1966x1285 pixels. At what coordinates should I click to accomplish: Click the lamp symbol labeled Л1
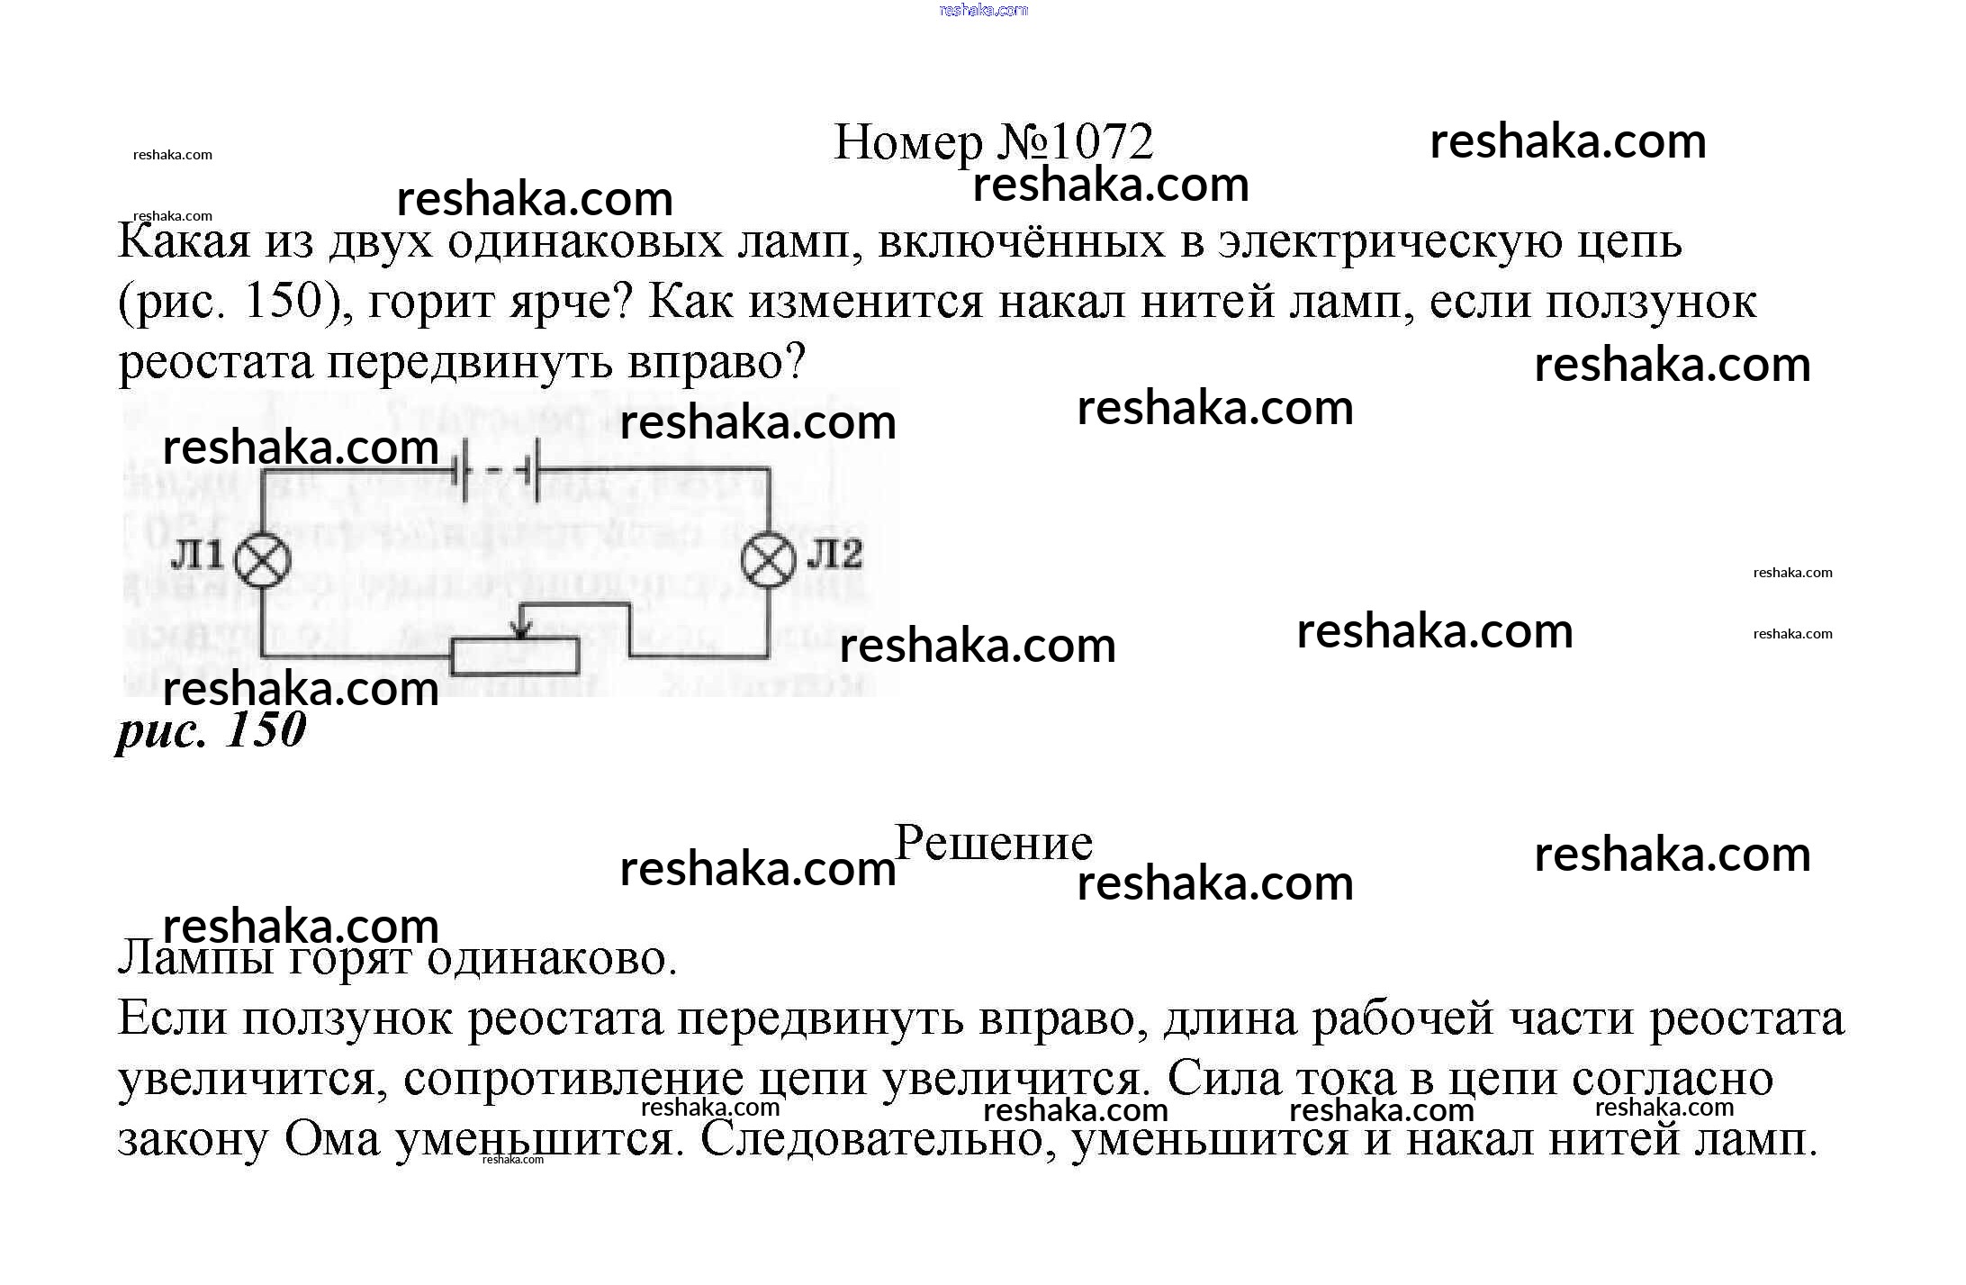pos(263,560)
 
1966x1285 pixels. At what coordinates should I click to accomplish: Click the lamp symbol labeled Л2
pos(768,559)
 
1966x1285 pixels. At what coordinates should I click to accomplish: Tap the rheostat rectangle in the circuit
pos(514,656)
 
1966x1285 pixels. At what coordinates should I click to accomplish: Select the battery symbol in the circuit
pos(499,469)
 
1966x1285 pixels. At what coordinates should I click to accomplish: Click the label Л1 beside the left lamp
pos(197,555)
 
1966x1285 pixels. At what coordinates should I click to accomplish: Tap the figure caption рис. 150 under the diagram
pos(212,729)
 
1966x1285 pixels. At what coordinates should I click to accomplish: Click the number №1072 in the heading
pos(1075,142)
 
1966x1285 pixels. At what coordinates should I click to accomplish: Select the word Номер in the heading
pos(909,142)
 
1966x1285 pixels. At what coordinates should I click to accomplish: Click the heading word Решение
pos(994,843)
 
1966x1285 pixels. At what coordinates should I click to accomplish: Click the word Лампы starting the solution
pos(195,958)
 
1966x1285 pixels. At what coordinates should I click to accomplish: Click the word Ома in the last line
pos(332,1140)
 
